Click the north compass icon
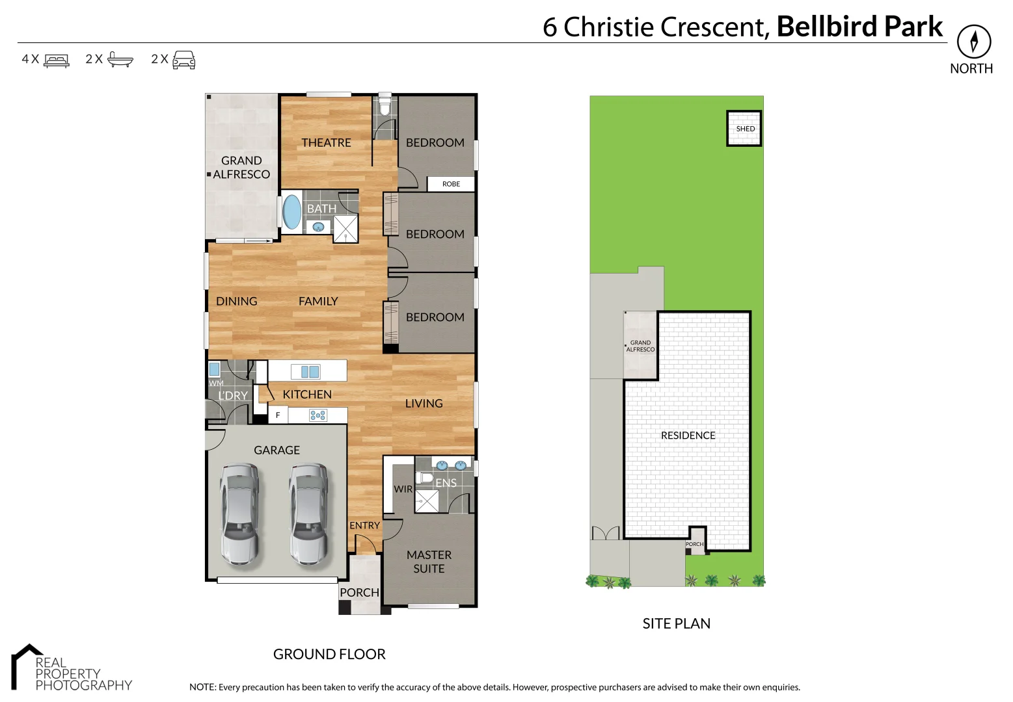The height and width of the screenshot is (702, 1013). click(973, 42)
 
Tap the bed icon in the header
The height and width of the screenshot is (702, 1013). click(57, 60)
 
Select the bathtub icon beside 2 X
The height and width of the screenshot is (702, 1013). click(120, 59)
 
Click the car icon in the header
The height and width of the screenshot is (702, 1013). click(183, 60)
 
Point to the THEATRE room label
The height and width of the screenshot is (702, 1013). click(326, 142)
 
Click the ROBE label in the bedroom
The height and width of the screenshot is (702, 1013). click(451, 184)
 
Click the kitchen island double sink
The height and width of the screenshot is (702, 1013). click(305, 371)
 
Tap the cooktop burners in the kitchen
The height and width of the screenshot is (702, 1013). click(318, 415)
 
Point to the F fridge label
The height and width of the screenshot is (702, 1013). click(278, 415)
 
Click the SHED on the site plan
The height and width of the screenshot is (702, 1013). click(744, 129)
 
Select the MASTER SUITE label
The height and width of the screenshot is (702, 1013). click(429, 562)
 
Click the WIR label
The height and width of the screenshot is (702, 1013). click(403, 489)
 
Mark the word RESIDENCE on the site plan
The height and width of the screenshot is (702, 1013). click(688, 435)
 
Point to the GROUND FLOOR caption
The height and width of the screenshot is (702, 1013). click(329, 654)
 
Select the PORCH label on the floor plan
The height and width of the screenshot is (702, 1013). click(359, 592)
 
